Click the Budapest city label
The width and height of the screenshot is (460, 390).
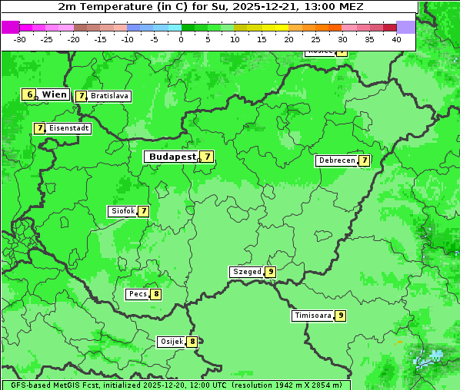tap(172, 157)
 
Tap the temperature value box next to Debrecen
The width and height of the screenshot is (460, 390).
tap(365, 161)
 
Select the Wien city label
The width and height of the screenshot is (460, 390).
tap(55, 94)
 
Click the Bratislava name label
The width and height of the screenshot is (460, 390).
tap(109, 97)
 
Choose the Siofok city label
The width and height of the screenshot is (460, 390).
tap(122, 211)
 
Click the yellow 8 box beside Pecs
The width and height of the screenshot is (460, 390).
tap(156, 294)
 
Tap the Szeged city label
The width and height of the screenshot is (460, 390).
tap(247, 272)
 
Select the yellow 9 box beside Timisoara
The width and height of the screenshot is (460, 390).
tap(340, 316)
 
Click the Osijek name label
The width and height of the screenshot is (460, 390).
tap(171, 342)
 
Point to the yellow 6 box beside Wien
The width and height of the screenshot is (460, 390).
tap(29, 94)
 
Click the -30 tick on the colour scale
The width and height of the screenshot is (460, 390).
tap(20, 39)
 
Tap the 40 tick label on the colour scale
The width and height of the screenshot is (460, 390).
tap(396, 39)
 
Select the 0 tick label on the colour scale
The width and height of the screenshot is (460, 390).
tap(182, 39)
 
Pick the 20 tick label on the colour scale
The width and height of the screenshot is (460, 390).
tap(288, 39)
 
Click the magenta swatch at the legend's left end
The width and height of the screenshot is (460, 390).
tap(10, 27)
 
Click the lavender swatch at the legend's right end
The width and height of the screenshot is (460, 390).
tap(406, 27)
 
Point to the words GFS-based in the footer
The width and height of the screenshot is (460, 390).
tap(30, 385)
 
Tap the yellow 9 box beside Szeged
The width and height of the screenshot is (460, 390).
tap(271, 272)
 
